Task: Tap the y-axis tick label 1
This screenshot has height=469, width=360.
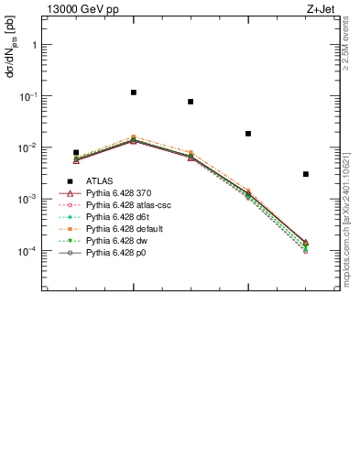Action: point(35,44)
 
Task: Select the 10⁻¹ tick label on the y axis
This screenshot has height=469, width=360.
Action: point(29,95)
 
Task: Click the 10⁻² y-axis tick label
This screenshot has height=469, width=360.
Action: point(29,147)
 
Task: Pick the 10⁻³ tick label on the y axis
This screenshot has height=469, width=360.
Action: point(29,199)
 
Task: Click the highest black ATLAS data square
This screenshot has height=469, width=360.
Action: point(134,93)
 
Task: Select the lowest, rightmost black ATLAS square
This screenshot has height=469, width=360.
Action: point(305,174)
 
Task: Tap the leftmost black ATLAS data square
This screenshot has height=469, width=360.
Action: point(76,153)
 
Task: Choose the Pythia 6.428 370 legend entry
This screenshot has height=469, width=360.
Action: point(115,193)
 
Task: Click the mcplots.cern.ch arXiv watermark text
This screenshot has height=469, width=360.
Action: point(345,221)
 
